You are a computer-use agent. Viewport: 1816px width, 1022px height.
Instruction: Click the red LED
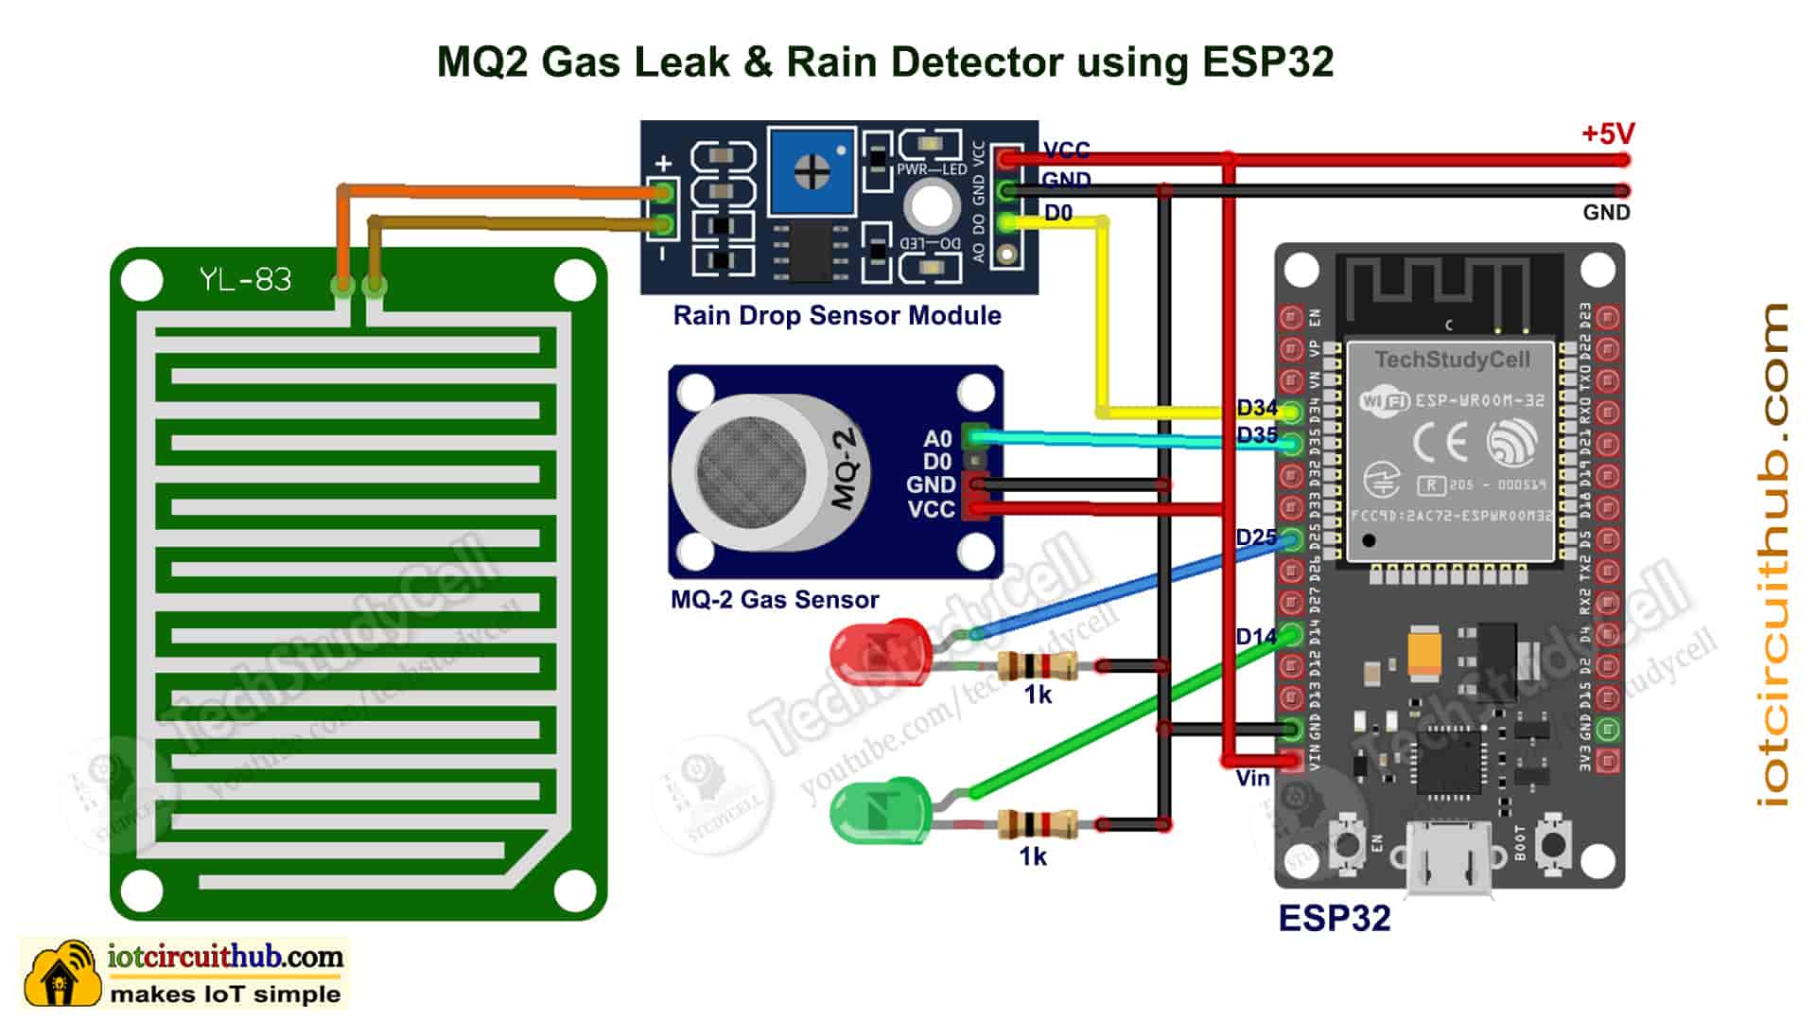click(878, 653)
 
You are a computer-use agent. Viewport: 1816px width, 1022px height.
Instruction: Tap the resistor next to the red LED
click(1038, 666)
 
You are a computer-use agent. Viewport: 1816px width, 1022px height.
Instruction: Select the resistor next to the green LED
click(1038, 825)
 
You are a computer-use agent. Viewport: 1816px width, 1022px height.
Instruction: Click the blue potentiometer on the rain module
click(812, 172)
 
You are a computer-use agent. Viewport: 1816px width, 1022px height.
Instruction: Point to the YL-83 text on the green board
click(245, 280)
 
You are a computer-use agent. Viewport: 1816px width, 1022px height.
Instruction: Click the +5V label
click(1607, 134)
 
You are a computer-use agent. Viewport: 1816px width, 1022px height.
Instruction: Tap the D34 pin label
click(1256, 408)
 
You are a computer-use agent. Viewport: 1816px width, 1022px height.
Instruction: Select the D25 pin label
click(1256, 537)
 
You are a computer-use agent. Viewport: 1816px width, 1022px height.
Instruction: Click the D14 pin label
click(1255, 637)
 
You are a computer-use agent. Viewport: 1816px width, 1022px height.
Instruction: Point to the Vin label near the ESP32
click(1252, 778)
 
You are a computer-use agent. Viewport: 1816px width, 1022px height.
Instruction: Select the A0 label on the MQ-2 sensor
click(936, 439)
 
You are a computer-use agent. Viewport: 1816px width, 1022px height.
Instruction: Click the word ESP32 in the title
click(1267, 62)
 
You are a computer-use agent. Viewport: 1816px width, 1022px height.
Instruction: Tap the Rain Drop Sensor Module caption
click(836, 315)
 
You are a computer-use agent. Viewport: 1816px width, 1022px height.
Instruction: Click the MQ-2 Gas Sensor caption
click(774, 599)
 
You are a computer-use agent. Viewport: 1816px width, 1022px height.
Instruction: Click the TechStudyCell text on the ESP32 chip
click(1452, 361)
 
